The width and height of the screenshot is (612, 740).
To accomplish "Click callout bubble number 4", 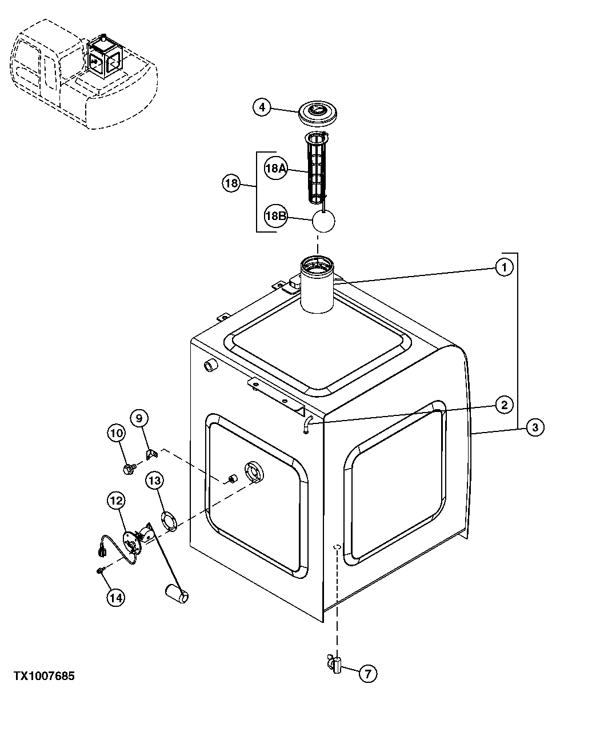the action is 261,107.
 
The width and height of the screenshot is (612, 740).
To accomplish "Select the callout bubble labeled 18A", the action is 275,169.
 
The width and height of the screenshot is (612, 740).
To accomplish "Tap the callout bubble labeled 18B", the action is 275,216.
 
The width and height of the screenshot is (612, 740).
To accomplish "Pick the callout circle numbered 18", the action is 231,184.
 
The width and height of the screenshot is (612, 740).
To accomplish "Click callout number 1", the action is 503,267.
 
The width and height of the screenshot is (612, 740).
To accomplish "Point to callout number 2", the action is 503,405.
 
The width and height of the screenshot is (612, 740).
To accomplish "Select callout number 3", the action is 534,427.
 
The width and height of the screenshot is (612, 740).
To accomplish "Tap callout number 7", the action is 367,674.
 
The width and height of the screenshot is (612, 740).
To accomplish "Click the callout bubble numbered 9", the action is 139,418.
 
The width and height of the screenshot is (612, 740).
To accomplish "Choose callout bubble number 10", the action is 116,434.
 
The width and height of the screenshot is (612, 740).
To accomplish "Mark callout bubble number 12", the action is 116,501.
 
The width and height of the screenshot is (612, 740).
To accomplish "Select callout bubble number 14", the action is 116,597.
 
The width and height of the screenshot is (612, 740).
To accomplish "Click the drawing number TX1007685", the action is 45,676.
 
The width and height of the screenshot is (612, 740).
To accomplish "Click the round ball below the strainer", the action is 323,221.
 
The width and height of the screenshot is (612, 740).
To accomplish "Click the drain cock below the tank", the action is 335,665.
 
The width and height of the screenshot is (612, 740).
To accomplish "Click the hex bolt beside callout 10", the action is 128,469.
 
